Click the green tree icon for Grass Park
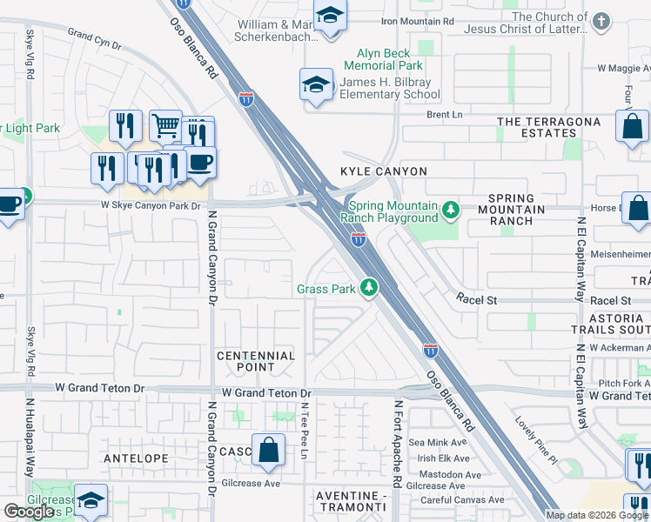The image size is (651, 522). [370, 288]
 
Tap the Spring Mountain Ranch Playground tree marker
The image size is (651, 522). [450, 211]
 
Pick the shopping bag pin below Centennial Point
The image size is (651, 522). [269, 451]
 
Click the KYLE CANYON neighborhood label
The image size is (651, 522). [371, 171]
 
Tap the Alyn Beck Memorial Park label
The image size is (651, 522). [383, 59]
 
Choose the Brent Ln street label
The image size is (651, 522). [444, 114]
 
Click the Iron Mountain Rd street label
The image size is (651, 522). [418, 19]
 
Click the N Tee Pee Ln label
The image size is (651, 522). [305, 425]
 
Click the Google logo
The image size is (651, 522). [30, 511]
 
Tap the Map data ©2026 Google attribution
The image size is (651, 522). [597, 514]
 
